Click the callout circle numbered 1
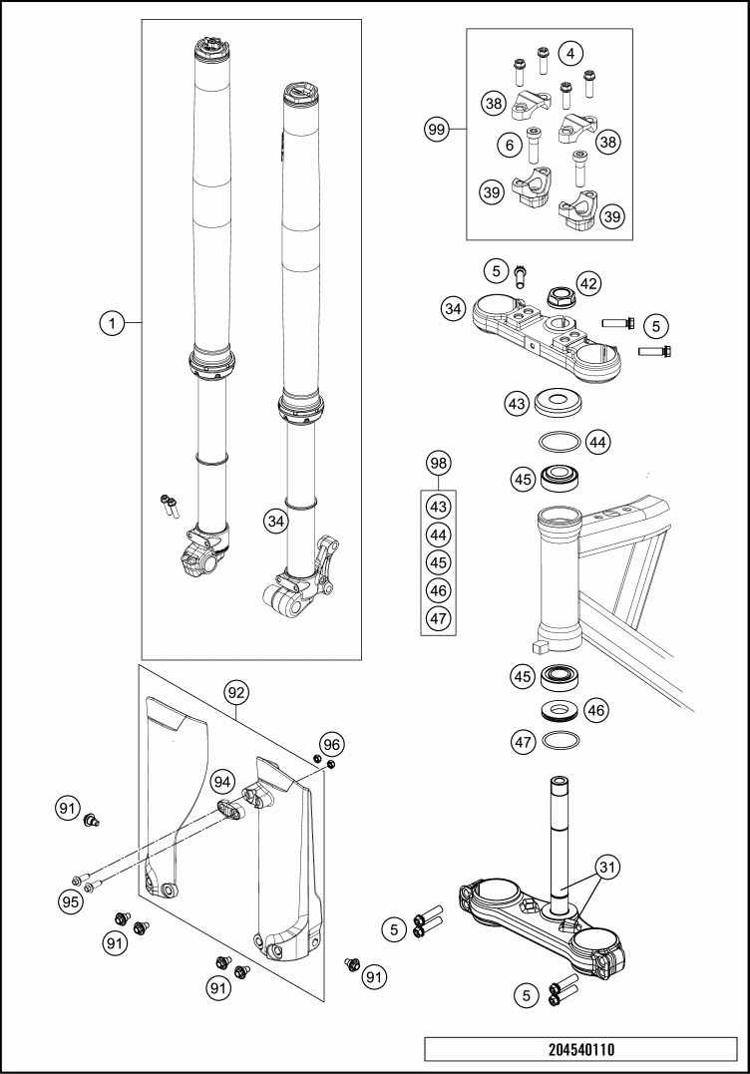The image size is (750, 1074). [x=113, y=322]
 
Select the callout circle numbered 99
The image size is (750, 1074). [x=436, y=130]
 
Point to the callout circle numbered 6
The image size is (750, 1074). [x=509, y=146]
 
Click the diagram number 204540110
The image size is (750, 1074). [x=580, y=1049]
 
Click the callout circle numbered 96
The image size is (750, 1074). [x=332, y=744]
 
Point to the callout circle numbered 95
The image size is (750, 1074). [x=69, y=901]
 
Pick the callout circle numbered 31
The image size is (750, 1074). [x=607, y=869]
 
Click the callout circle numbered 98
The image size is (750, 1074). [x=437, y=464]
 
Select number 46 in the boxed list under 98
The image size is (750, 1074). [x=437, y=590]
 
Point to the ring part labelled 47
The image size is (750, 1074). [x=562, y=741]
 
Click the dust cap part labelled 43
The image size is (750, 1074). [x=562, y=405]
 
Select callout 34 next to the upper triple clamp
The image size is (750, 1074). [x=454, y=309]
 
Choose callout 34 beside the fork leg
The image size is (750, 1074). [x=275, y=520]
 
